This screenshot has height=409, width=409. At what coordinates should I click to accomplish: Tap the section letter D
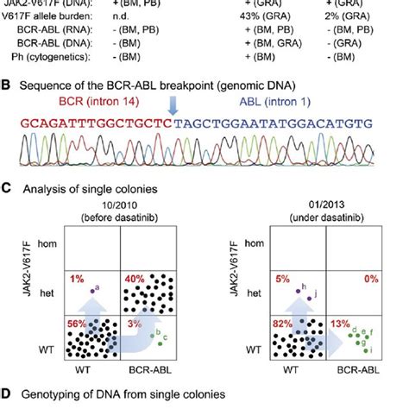click(7, 393)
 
